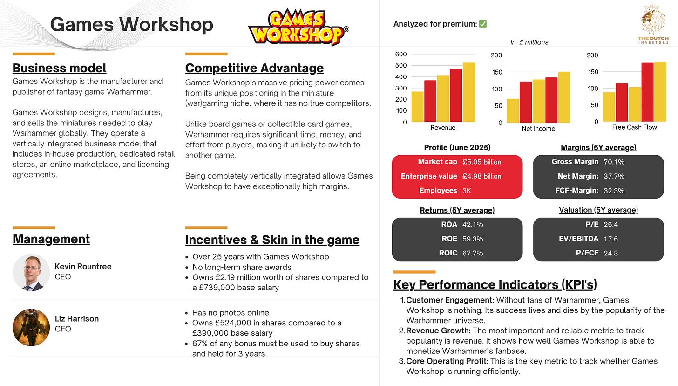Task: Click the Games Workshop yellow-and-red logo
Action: click(x=298, y=27)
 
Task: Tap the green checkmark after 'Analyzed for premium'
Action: click(x=483, y=24)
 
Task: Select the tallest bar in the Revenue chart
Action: click(x=468, y=92)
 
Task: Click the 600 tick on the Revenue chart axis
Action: click(x=401, y=54)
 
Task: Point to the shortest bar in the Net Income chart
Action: click(x=513, y=110)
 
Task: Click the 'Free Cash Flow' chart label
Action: click(x=634, y=127)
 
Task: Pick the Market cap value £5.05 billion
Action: click(x=481, y=162)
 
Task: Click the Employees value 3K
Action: click(x=467, y=191)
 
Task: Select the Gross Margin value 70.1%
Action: click(x=614, y=162)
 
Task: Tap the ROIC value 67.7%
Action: click(x=473, y=253)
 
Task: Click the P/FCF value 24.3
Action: click(x=610, y=253)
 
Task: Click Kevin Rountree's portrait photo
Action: click(x=31, y=273)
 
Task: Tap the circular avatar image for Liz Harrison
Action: click(x=31, y=328)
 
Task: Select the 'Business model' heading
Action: click(x=59, y=68)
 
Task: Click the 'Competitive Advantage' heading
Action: click(x=255, y=68)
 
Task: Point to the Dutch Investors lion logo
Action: click(x=653, y=23)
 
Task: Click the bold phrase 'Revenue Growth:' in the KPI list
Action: click(x=438, y=331)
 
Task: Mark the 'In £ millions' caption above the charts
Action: click(x=529, y=42)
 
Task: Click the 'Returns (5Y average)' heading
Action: click(x=457, y=210)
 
